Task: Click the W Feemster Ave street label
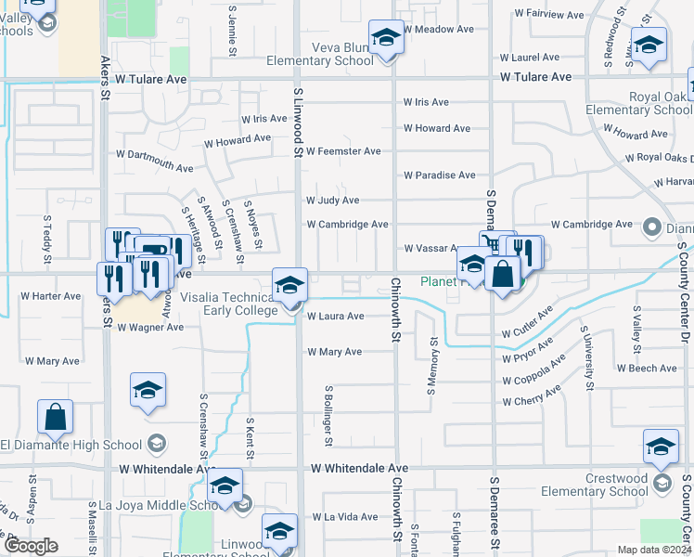pyautogui.click(x=343, y=151)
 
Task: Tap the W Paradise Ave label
pyautogui.click(x=439, y=175)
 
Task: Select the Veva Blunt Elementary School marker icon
pyautogui.click(x=387, y=38)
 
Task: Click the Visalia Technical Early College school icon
pyautogui.click(x=289, y=285)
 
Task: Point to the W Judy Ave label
pyautogui.click(x=332, y=201)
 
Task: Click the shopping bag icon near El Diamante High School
pyautogui.click(x=55, y=417)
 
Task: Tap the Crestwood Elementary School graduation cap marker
pyautogui.click(x=661, y=447)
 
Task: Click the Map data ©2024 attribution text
pyautogui.click(x=653, y=550)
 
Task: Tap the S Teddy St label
pyautogui.click(x=46, y=240)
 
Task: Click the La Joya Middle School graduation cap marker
pyautogui.click(x=225, y=486)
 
